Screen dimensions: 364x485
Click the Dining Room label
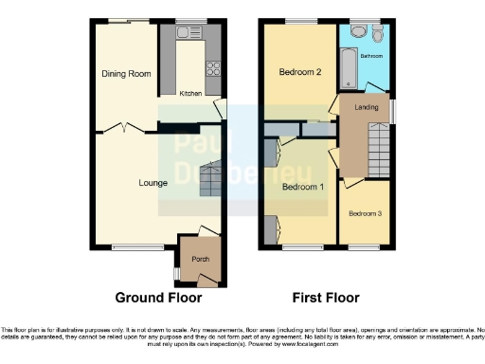127,73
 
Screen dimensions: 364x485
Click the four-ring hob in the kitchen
214,68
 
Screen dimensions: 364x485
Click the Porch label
200,259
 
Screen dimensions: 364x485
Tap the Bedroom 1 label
304,186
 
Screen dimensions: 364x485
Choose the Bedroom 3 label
365,213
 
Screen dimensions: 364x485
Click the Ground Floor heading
158,298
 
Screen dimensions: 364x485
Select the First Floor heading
325,298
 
